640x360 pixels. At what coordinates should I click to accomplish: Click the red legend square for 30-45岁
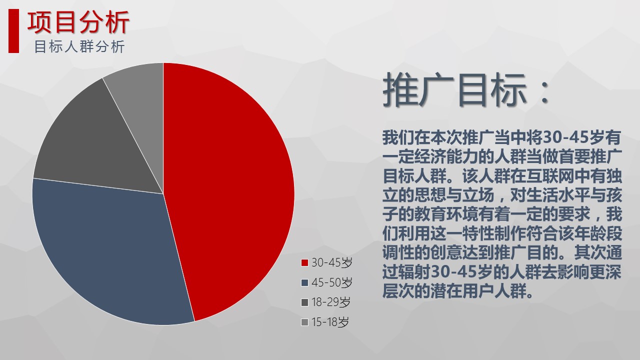click(304, 262)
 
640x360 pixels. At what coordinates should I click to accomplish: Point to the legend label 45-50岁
click(331, 282)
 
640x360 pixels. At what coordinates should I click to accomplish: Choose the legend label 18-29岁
click(331, 302)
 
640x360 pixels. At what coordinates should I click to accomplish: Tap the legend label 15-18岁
click(330, 322)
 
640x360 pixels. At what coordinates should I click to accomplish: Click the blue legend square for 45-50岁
click(304, 282)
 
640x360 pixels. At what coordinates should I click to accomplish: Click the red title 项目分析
click(78, 22)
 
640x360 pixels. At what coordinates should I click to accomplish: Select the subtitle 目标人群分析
click(79, 46)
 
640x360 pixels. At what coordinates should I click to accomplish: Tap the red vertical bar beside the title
click(13, 31)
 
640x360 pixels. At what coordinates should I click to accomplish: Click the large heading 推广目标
click(454, 89)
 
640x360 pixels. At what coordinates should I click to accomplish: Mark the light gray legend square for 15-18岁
click(304, 322)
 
